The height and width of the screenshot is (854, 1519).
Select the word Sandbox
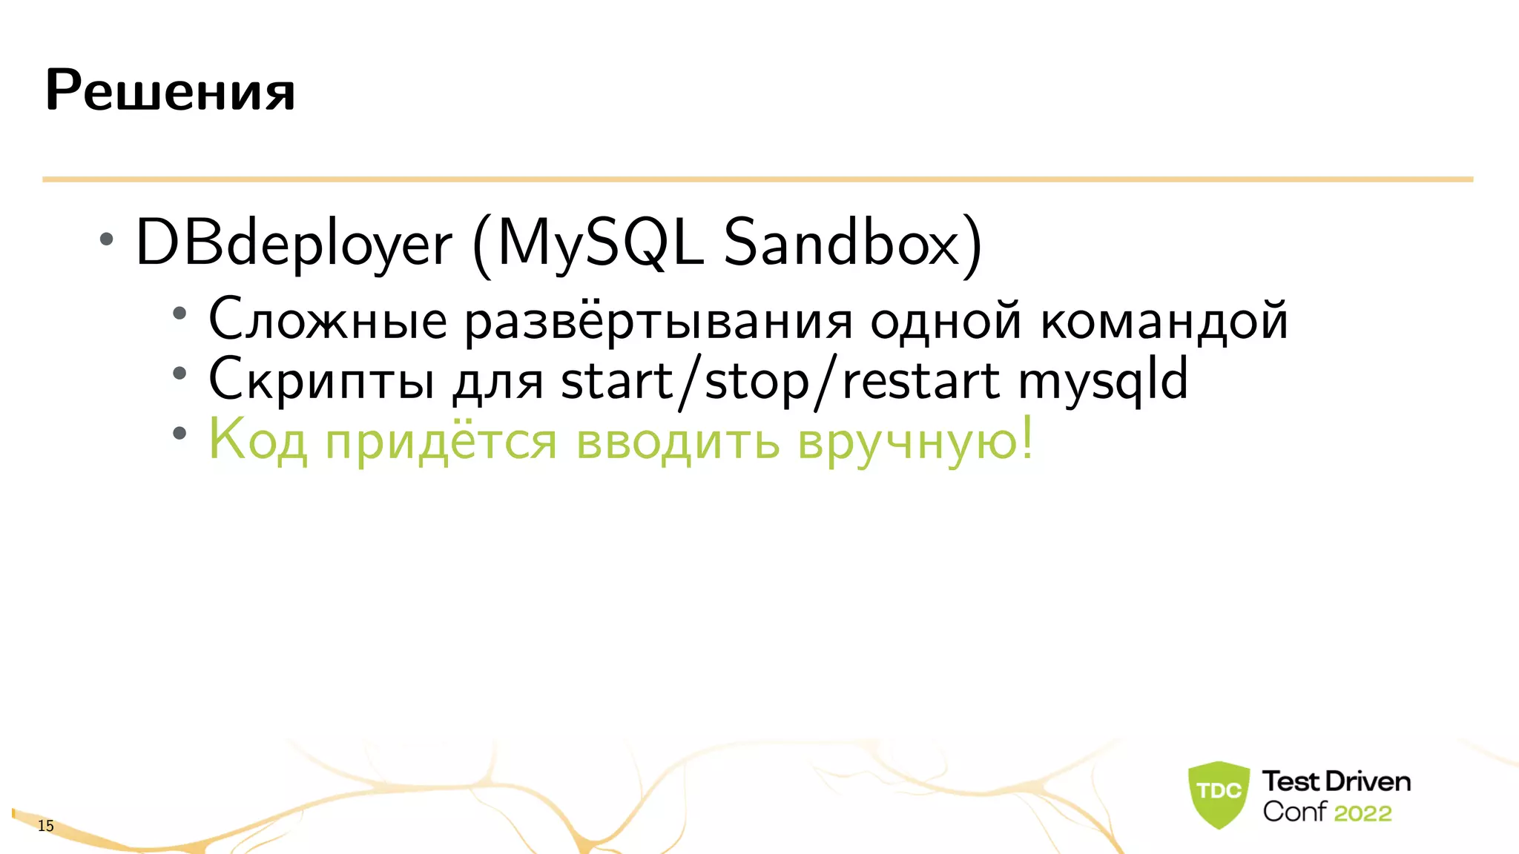coord(842,242)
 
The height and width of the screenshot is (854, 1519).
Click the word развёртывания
coord(659,322)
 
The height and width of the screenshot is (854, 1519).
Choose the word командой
coord(1164,322)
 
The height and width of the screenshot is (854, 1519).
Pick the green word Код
coord(257,440)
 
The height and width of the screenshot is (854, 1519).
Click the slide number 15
coord(46,826)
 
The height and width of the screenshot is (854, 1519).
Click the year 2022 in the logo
coord(1363,813)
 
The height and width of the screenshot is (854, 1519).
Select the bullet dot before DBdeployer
coord(107,239)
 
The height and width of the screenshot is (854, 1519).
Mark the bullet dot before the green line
coord(179,434)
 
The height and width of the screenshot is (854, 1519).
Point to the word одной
coord(946,320)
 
